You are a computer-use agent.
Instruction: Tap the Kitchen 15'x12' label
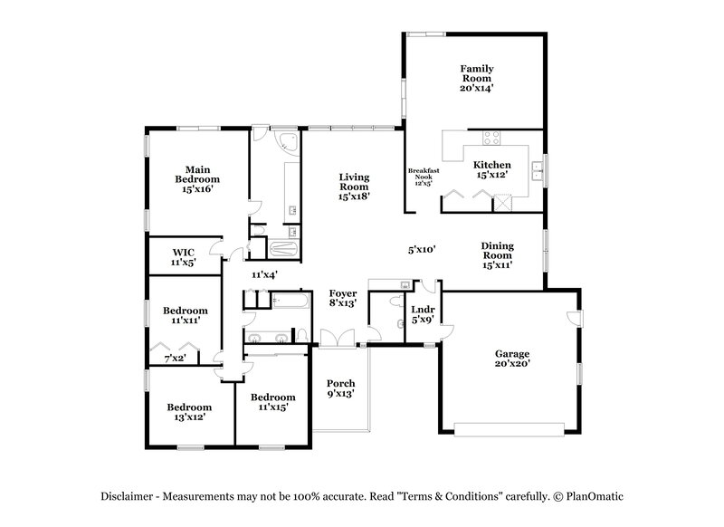coord(492,169)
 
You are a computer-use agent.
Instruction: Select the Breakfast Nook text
coord(423,176)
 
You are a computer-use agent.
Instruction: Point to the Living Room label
coord(357,186)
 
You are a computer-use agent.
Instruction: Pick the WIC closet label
coord(184,256)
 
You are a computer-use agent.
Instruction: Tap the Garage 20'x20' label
coord(511,359)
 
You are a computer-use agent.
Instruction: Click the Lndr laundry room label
coord(423,313)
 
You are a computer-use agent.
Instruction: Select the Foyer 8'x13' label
coord(342,299)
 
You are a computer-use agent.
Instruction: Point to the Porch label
coord(340,388)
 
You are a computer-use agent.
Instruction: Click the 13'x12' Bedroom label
coord(189,412)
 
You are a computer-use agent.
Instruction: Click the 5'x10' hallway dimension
coord(422,249)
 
